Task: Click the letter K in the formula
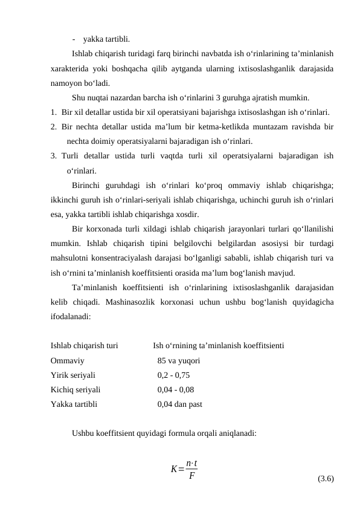[x=174, y=469]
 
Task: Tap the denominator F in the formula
[x=191, y=476]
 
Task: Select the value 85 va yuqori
[x=179, y=361]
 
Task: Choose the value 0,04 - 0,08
[x=176, y=390]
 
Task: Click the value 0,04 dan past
[x=179, y=404]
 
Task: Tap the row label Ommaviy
[x=67, y=361]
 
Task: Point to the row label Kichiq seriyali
[x=76, y=390]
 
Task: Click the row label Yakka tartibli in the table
[x=73, y=404]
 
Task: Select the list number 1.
[x=54, y=112]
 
